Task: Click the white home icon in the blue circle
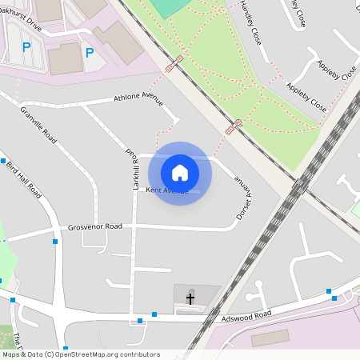(180, 173)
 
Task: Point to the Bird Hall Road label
(24, 180)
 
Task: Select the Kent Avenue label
(167, 190)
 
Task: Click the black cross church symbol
(190, 298)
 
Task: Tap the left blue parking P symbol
(26, 48)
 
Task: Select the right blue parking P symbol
(90, 54)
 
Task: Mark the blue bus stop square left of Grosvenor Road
(55, 241)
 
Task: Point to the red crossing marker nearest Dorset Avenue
(238, 123)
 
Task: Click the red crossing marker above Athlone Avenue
(174, 64)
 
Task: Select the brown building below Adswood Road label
(270, 338)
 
